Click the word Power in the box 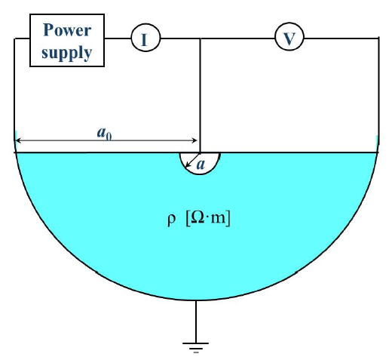pyautogui.click(x=67, y=30)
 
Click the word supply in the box pyautogui.click(x=67, y=52)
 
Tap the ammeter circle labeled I pyautogui.click(x=145, y=38)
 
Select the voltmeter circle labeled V pyautogui.click(x=289, y=37)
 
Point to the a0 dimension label pyautogui.click(x=104, y=133)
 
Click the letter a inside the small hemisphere pyautogui.click(x=201, y=165)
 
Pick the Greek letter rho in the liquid pyautogui.click(x=171, y=220)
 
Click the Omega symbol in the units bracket pyautogui.click(x=198, y=218)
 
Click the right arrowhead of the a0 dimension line pyautogui.click(x=194, y=140)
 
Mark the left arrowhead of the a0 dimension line pyautogui.click(x=19, y=140)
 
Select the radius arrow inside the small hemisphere pyautogui.click(x=192, y=160)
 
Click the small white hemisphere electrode pyautogui.click(x=200, y=163)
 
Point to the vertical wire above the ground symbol pyautogui.click(x=196, y=322)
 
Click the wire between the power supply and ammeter pyautogui.click(x=118, y=38)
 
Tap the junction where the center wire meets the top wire pyautogui.click(x=200, y=38)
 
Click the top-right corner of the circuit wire pyautogui.click(x=378, y=38)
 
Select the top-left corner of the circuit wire pyautogui.click(x=14, y=38)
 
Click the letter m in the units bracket pyautogui.click(x=217, y=219)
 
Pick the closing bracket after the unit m pyautogui.click(x=228, y=219)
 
